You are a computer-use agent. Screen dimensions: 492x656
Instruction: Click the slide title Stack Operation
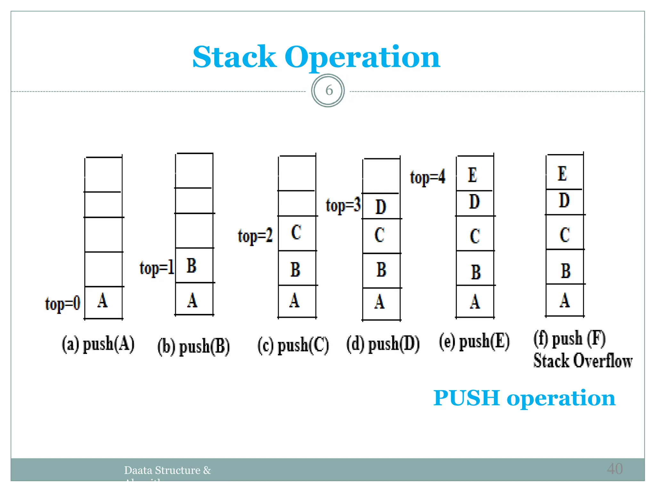pyautogui.click(x=316, y=57)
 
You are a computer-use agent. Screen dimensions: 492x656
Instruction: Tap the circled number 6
pyautogui.click(x=328, y=91)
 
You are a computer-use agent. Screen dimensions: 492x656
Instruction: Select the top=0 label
pyautogui.click(x=62, y=304)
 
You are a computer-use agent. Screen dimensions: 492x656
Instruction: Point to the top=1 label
pyautogui.click(x=157, y=268)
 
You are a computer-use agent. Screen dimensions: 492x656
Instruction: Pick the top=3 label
pyautogui.click(x=343, y=205)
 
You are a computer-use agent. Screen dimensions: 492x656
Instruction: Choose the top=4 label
pyautogui.click(x=427, y=177)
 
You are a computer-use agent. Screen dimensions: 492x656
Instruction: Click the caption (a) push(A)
pyautogui.click(x=98, y=345)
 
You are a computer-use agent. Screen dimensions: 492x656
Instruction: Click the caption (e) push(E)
pyautogui.click(x=474, y=341)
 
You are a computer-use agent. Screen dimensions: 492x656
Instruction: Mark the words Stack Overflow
pyautogui.click(x=583, y=361)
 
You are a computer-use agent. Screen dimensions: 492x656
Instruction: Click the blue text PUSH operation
pyautogui.click(x=524, y=398)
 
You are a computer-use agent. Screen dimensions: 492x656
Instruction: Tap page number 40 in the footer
pyautogui.click(x=614, y=469)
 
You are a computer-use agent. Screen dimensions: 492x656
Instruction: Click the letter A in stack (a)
pyautogui.click(x=102, y=301)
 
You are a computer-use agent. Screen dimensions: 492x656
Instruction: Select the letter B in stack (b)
pyautogui.click(x=191, y=266)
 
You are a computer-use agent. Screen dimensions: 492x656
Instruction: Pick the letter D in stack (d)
pyautogui.click(x=381, y=207)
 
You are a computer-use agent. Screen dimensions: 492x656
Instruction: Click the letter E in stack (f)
pyautogui.click(x=562, y=174)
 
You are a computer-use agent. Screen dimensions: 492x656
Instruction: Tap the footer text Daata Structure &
pyautogui.click(x=168, y=470)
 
